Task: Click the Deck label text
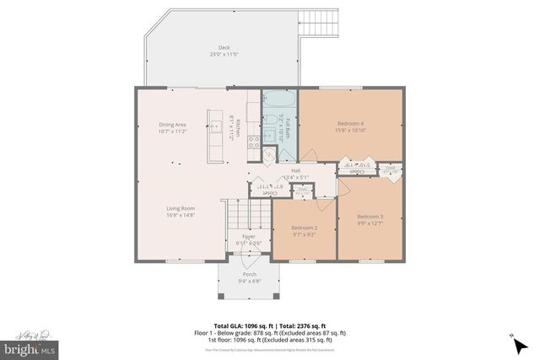tap(224, 48)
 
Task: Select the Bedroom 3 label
tap(370, 217)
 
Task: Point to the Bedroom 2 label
tap(305, 228)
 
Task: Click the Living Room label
tap(180, 208)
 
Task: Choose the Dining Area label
tap(172, 125)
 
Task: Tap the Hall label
tap(295, 170)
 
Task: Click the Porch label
tap(249, 275)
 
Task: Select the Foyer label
tap(249, 236)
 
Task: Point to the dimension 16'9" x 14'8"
tap(180, 215)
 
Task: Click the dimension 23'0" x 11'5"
tap(224, 55)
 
